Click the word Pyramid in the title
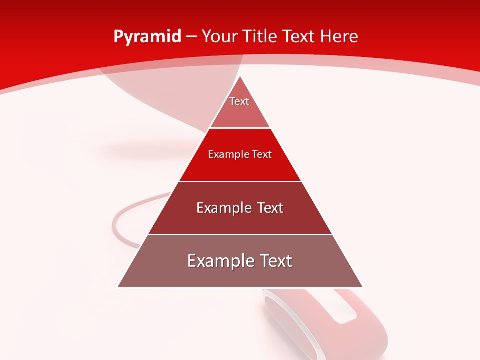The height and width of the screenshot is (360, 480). tap(147, 37)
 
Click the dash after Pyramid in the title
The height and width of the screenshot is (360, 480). tap(191, 37)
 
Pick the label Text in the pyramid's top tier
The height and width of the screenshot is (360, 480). tap(239, 101)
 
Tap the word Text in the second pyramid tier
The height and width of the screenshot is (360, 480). tap(262, 154)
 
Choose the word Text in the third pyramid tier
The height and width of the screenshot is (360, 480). tap(271, 208)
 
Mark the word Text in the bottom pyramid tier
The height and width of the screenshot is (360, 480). tap(275, 261)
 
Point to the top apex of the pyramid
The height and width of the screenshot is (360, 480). tap(240, 76)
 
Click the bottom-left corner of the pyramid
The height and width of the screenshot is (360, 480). tap(118, 287)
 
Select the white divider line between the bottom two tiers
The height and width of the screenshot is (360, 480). tap(240, 234)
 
